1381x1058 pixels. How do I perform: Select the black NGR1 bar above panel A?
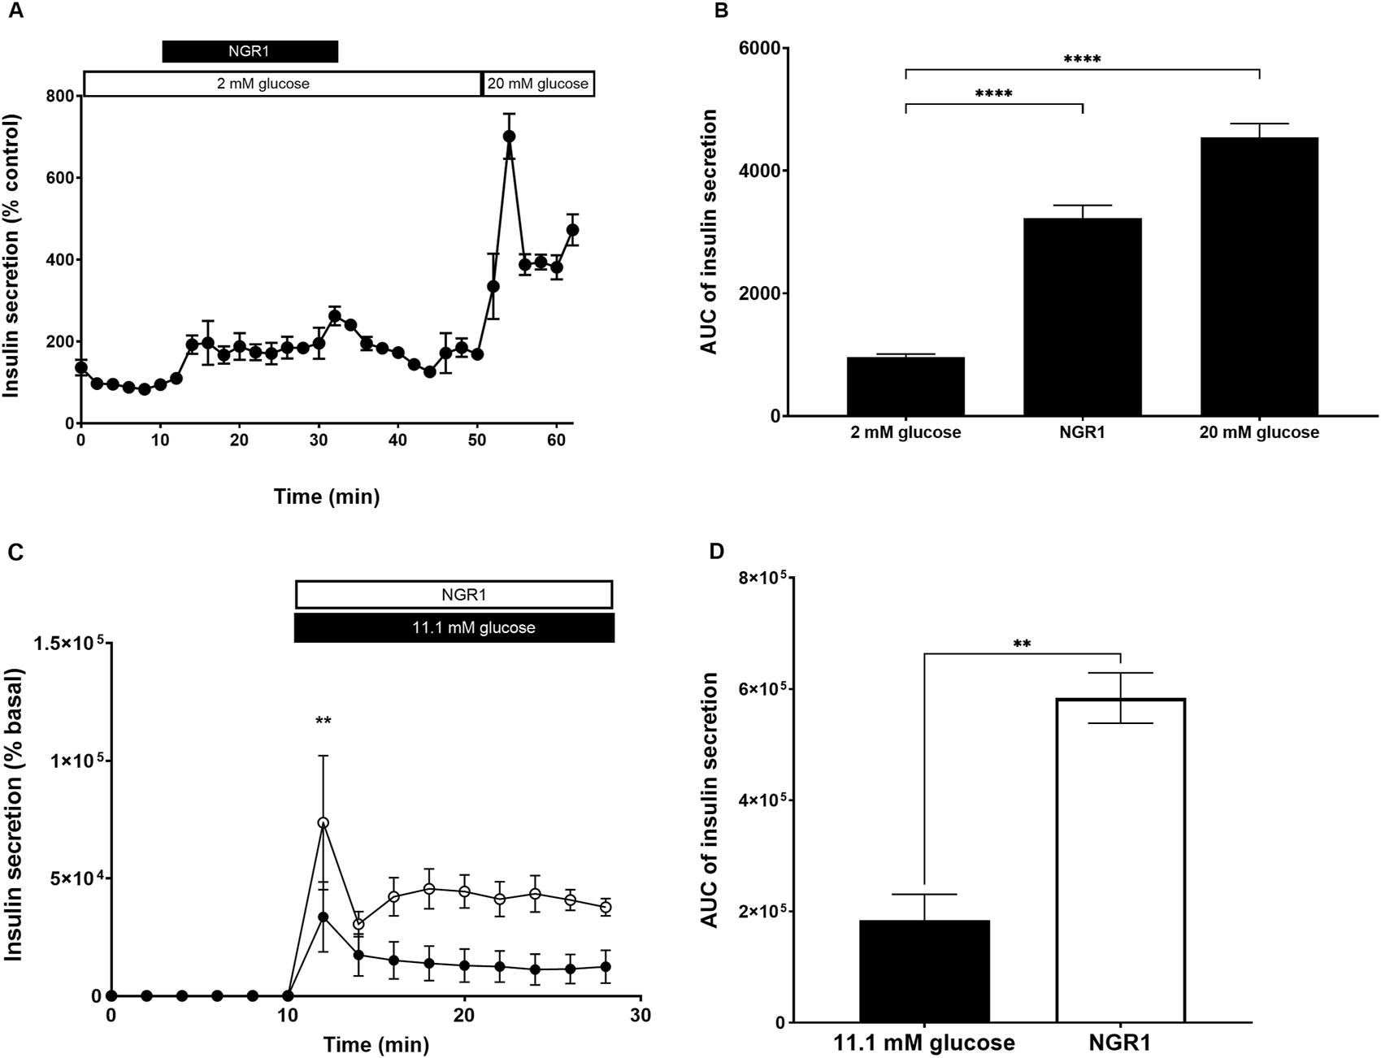(x=250, y=51)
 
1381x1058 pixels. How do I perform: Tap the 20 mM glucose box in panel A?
(x=538, y=84)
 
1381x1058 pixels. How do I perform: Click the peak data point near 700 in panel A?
(x=510, y=137)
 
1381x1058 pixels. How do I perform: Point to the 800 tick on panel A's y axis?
(x=59, y=96)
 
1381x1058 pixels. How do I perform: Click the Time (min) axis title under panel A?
(x=326, y=496)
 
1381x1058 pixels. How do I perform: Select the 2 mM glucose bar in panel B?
(x=905, y=387)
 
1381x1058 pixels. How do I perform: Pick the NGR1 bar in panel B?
(x=1082, y=318)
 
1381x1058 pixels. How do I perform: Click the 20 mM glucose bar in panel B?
(x=1258, y=277)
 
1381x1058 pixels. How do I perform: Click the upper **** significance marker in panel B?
(x=1082, y=59)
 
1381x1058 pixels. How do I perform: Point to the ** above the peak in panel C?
(x=324, y=721)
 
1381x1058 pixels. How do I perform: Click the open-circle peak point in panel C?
(x=324, y=822)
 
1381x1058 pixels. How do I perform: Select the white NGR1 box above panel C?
(x=454, y=595)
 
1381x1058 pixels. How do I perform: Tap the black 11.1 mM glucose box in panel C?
(x=454, y=628)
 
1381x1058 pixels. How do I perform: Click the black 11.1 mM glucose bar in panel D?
(x=924, y=971)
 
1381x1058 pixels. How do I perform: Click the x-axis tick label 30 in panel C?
(x=641, y=1015)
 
